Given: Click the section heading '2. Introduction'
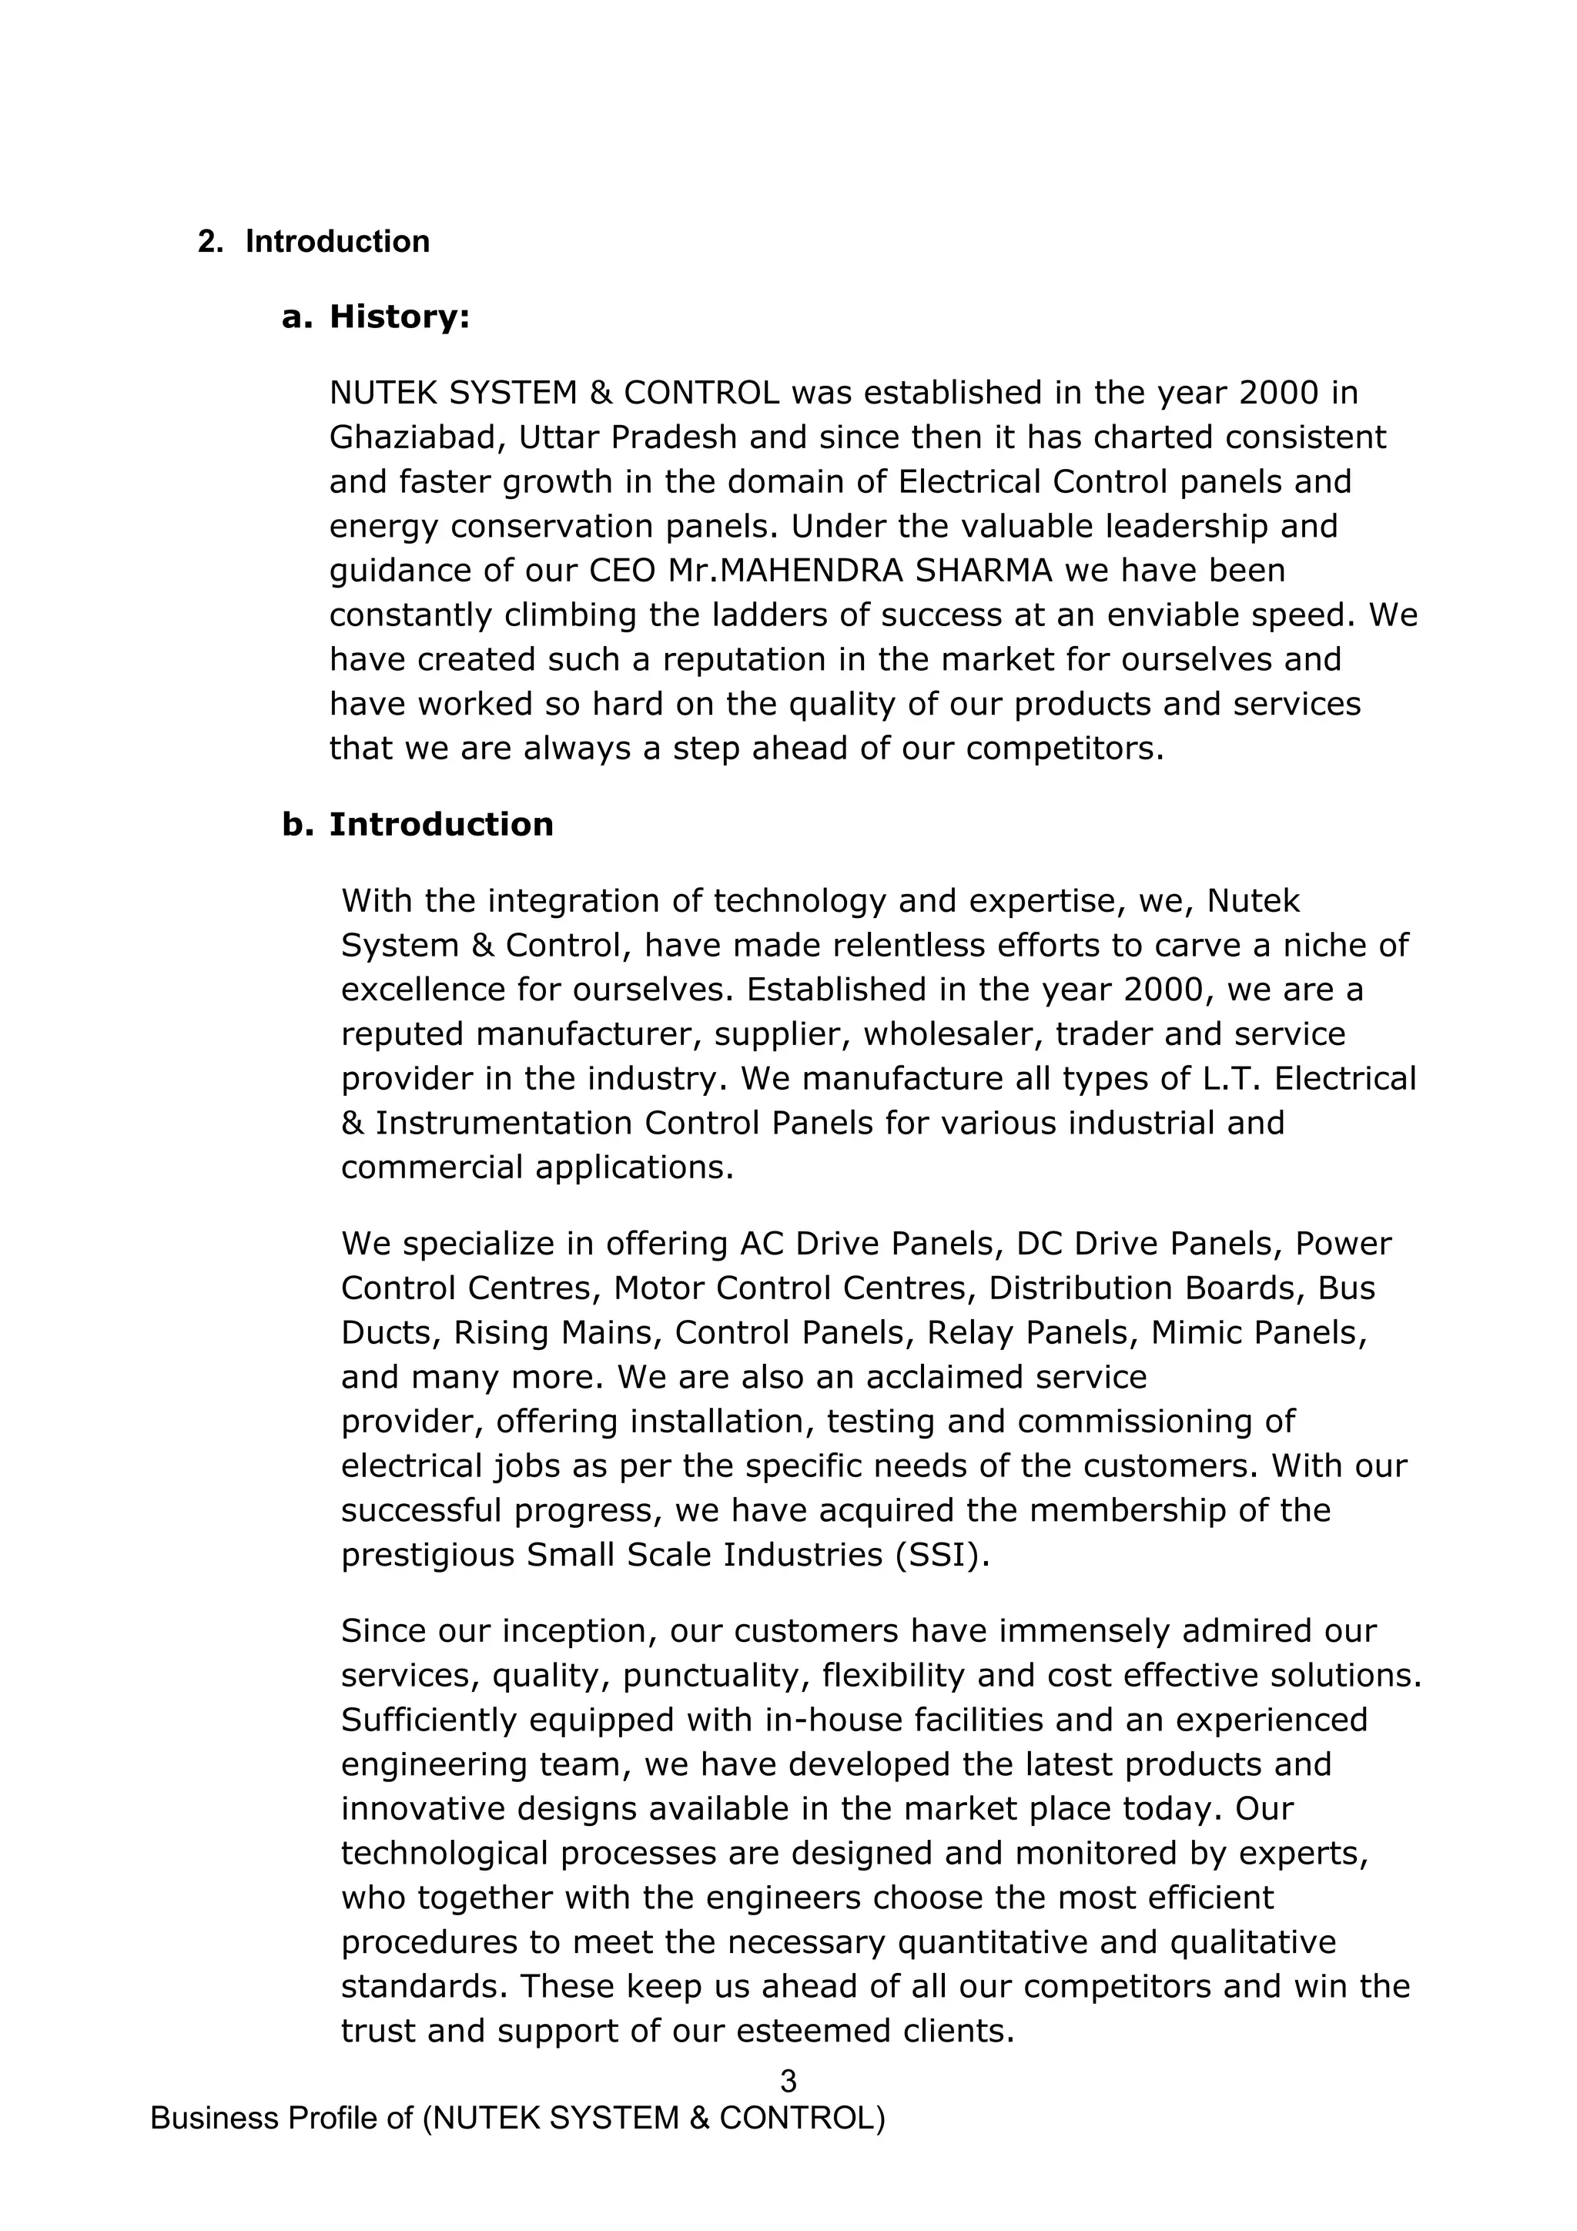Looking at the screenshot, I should (313, 241).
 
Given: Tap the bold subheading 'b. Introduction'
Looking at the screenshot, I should (418, 824).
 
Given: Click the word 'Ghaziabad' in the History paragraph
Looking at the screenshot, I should (417, 438).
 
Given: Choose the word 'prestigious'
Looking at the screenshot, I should (427, 1554).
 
